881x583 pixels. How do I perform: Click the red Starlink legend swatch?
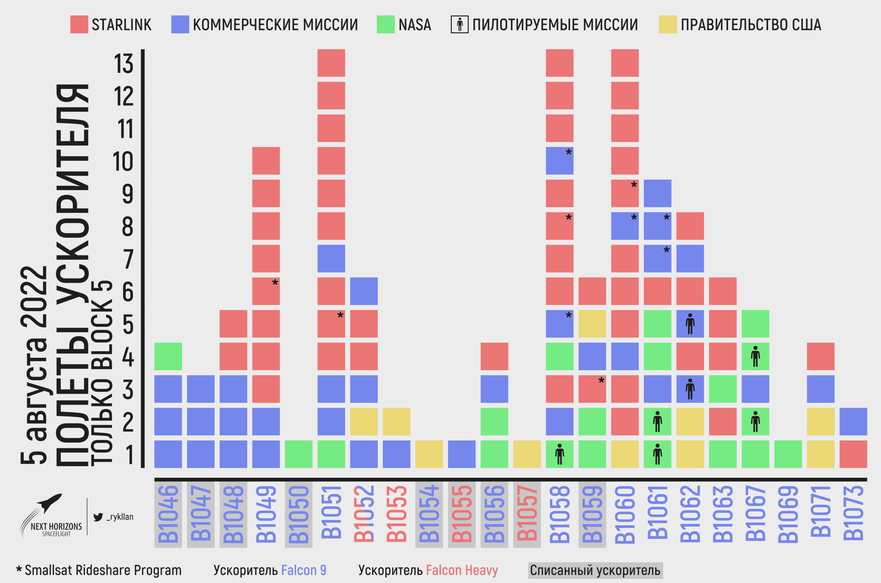click(x=79, y=24)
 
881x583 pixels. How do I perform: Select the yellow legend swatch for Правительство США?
click(x=667, y=24)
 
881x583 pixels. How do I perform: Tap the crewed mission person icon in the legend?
click(x=459, y=24)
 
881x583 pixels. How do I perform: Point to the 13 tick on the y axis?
click(x=123, y=64)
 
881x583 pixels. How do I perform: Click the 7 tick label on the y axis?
click(x=128, y=259)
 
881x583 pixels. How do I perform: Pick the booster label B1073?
click(x=853, y=513)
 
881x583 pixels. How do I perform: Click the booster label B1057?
click(x=527, y=513)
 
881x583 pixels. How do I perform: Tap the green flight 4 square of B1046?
click(x=168, y=356)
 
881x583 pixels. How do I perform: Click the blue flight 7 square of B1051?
click(x=331, y=258)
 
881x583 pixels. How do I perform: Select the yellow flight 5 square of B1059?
click(x=592, y=324)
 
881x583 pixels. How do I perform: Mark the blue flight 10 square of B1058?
click(x=559, y=161)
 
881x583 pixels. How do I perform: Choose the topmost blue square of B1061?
click(x=658, y=193)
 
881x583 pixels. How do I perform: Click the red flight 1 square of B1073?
click(x=853, y=454)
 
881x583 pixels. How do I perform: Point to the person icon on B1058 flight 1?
click(x=559, y=454)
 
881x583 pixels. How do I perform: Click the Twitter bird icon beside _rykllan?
click(x=98, y=517)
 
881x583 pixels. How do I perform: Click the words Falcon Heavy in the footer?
click(x=462, y=570)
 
